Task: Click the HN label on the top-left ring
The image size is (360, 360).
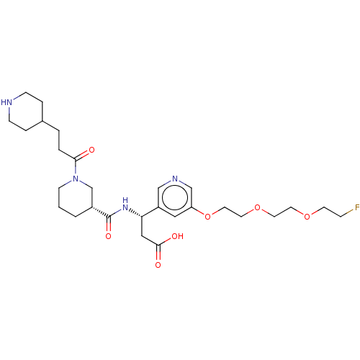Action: pyautogui.click(x=6, y=102)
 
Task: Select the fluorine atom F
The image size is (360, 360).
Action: pyautogui.click(x=357, y=207)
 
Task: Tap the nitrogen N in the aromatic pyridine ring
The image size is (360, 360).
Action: pyautogui.click(x=175, y=179)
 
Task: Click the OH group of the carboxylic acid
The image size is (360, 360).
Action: pyautogui.click(x=177, y=236)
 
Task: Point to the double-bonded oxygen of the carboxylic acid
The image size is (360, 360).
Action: pyautogui.click(x=158, y=265)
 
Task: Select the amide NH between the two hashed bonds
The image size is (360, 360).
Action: pyautogui.click(x=125, y=204)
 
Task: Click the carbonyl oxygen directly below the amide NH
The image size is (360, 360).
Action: pyautogui.click(x=109, y=236)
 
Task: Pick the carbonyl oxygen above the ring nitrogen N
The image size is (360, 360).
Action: pyautogui.click(x=91, y=150)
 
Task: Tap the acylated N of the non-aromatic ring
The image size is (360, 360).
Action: pyautogui.click(x=76, y=179)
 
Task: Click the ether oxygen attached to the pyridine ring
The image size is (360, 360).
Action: pyautogui.click(x=207, y=217)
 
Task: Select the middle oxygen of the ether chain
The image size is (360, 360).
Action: pyautogui.click(x=258, y=207)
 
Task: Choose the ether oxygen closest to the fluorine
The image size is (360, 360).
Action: pyautogui.click(x=307, y=217)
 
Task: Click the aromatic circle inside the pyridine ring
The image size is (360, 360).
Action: pyautogui.click(x=175, y=197)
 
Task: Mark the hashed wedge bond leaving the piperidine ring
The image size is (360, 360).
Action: pyautogui.click(x=101, y=212)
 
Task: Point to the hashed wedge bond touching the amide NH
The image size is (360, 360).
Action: pyautogui.click(x=135, y=213)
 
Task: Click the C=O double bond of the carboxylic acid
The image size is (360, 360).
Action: pyautogui.click(x=158, y=253)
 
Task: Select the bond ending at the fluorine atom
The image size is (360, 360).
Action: pyautogui.click(x=347, y=213)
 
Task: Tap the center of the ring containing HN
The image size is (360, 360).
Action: pyautogui.click(x=26, y=112)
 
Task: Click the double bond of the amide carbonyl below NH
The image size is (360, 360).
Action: pyautogui.click(x=109, y=224)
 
